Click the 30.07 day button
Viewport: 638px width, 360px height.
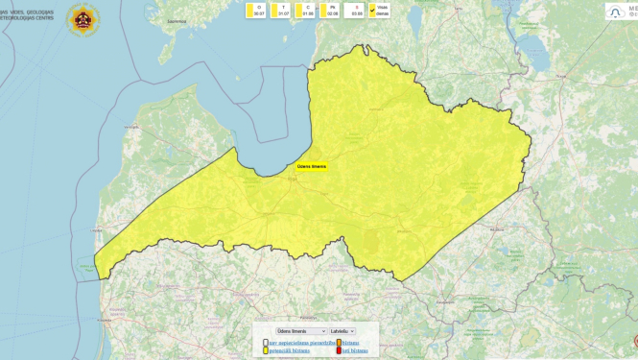256,11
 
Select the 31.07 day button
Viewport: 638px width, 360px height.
281,11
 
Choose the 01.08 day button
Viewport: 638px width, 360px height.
306,11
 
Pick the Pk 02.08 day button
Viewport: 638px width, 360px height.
330,11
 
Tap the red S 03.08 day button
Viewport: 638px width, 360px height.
355,11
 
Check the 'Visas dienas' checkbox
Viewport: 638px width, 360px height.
373,11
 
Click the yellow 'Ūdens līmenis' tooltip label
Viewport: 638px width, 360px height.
312,166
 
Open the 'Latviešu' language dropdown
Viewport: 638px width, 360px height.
343,331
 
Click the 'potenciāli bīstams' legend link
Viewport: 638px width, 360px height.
294,350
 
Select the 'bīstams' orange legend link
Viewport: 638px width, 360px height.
351,343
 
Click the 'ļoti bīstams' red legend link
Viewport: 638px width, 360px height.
355,350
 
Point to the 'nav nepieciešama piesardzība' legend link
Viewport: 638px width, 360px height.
300,343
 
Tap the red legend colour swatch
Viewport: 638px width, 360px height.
340,350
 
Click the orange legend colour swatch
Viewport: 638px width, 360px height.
340,343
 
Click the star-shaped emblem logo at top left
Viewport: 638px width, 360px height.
83,19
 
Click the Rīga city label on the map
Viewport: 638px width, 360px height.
292,177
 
